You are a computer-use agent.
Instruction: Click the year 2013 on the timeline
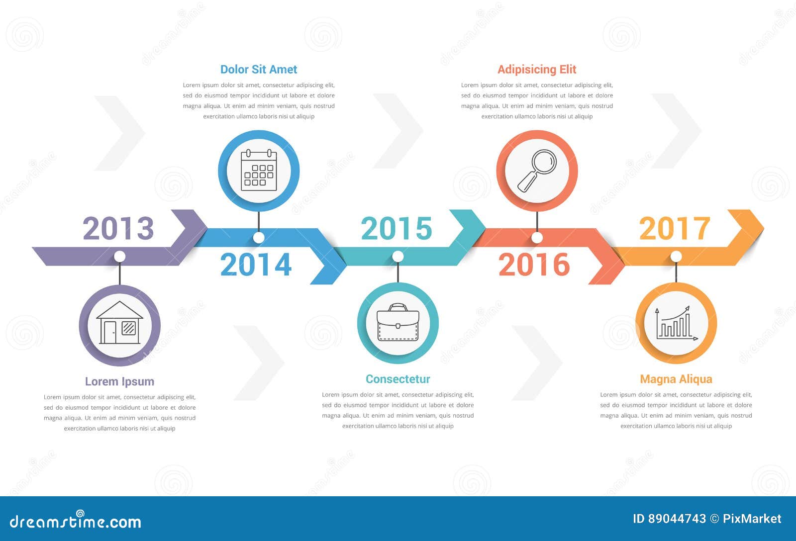coord(118,228)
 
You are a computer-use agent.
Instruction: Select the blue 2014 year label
coord(256,265)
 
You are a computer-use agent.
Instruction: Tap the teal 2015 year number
coord(397,228)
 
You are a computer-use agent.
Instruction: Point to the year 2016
coord(534,265)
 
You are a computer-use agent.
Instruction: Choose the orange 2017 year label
coord(675,228)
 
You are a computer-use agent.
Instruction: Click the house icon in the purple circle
coord(120,323)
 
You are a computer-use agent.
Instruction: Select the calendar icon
coord(259,170)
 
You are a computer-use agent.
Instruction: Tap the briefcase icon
coord(398,322)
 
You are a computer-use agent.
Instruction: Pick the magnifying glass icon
coord(537,171)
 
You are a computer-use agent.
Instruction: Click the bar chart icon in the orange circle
coord(676,323)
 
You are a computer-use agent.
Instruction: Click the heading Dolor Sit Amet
coord(259,69)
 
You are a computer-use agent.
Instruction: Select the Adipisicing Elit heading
coord(537,70)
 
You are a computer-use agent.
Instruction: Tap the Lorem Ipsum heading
coord(119,381)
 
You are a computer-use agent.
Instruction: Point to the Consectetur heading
coord(398,379)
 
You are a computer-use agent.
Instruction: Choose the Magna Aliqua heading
coord(676,379)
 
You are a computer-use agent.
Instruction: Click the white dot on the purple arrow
coord(120,256)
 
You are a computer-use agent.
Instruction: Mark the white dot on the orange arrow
coord(676,256)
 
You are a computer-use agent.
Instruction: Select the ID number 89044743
coord(677,519)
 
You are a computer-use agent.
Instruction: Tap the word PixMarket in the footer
coord(752,519)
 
